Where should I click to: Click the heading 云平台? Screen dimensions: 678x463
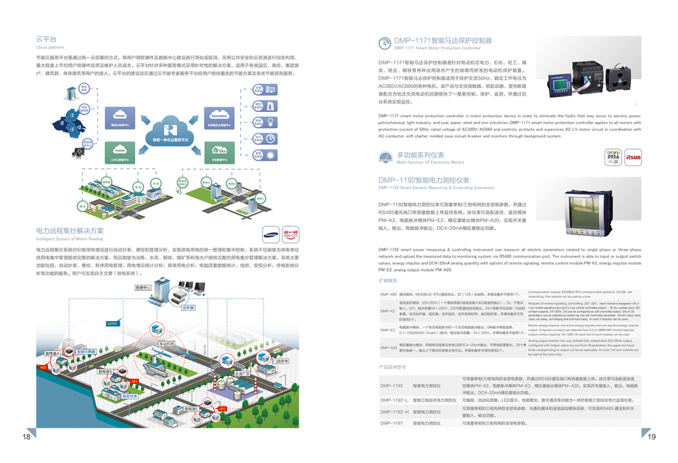[x=46, y=38]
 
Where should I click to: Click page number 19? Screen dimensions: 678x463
[x=651, y=437]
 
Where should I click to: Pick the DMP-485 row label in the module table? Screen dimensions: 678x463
[x=388, y=295]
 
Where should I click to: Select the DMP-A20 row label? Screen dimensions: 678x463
[x=388, y=348]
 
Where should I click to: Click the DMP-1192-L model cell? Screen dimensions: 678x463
[x=393, y=400]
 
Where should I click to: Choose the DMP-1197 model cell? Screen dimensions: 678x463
[x=392, y=423]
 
